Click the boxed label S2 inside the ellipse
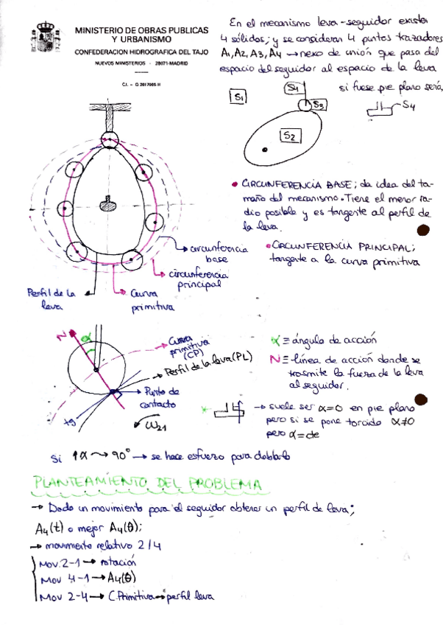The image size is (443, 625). point(289,136)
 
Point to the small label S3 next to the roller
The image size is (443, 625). point(319,105)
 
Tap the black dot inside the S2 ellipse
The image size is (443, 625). point(263,150)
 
